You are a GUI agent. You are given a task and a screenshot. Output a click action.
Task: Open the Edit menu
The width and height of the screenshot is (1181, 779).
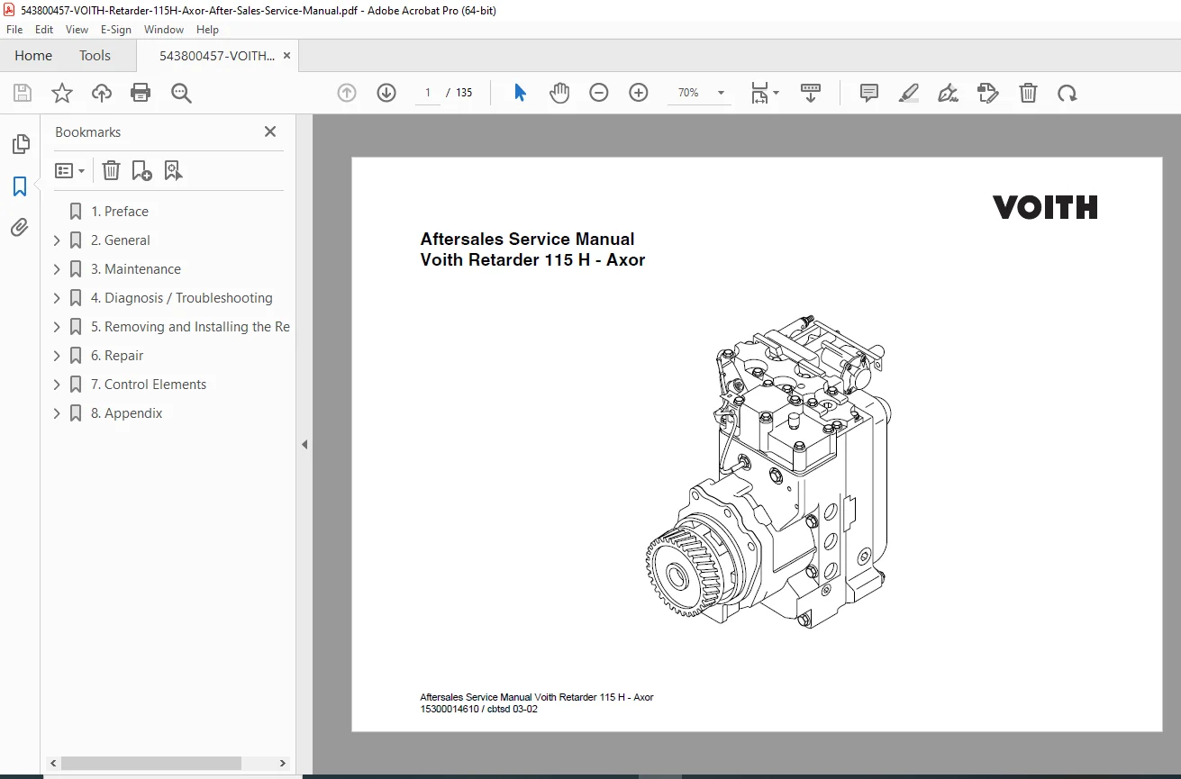coord(44,30)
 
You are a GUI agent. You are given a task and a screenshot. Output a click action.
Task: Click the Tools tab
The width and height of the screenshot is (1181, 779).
coord(95,55)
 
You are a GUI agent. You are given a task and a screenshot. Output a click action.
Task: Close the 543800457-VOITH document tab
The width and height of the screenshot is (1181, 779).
coord(286,55)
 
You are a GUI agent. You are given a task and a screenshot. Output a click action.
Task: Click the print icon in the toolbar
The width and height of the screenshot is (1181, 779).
coord(141,93)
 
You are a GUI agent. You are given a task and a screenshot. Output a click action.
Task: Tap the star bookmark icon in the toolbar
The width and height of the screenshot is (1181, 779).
coord(61,93)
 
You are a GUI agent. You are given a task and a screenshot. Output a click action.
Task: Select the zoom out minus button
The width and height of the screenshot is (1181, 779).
coord(598,93)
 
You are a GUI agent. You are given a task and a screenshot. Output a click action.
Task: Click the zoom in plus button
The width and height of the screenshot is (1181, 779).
coord(638,93)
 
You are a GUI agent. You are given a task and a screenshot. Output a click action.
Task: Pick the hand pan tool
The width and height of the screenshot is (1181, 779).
coord(559,93)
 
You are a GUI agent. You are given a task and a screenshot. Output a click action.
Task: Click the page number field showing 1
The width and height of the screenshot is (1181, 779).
coord(428,93)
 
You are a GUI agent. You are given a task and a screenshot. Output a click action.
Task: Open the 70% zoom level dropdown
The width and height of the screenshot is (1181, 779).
coord(721,93)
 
